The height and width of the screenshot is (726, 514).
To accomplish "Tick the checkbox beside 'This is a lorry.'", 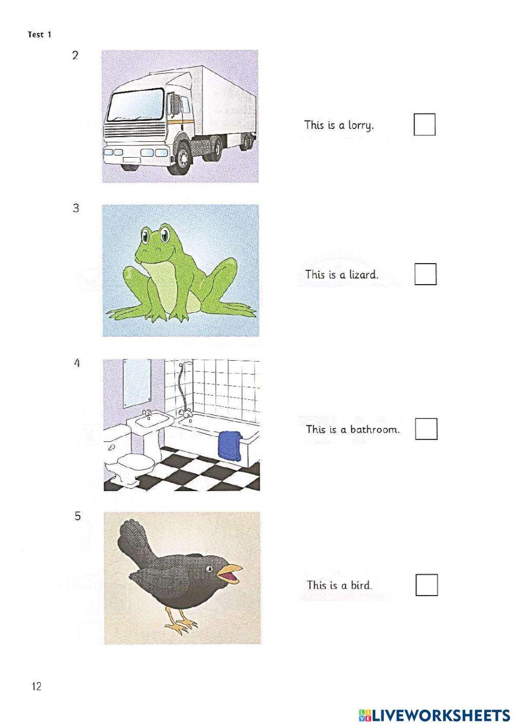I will [425, 124].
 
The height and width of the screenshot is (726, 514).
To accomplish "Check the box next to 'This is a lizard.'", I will [425, 274].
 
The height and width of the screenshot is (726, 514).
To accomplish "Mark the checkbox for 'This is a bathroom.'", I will [426, 429].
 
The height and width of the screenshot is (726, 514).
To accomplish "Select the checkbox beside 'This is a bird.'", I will [426, 585].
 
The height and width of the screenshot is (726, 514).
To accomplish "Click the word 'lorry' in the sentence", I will [360, 125].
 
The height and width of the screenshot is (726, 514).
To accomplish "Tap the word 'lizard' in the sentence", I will [363, 274].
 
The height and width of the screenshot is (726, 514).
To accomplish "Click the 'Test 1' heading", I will [40, 35].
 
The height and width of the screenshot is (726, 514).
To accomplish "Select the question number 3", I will [76, 208].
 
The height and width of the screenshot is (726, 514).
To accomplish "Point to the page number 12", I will [36, 686].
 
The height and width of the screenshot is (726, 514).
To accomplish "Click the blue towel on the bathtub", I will [232, 445].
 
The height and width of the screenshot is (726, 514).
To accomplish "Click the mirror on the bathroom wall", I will [137, 380].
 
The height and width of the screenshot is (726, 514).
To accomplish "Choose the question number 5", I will [78, 516].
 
